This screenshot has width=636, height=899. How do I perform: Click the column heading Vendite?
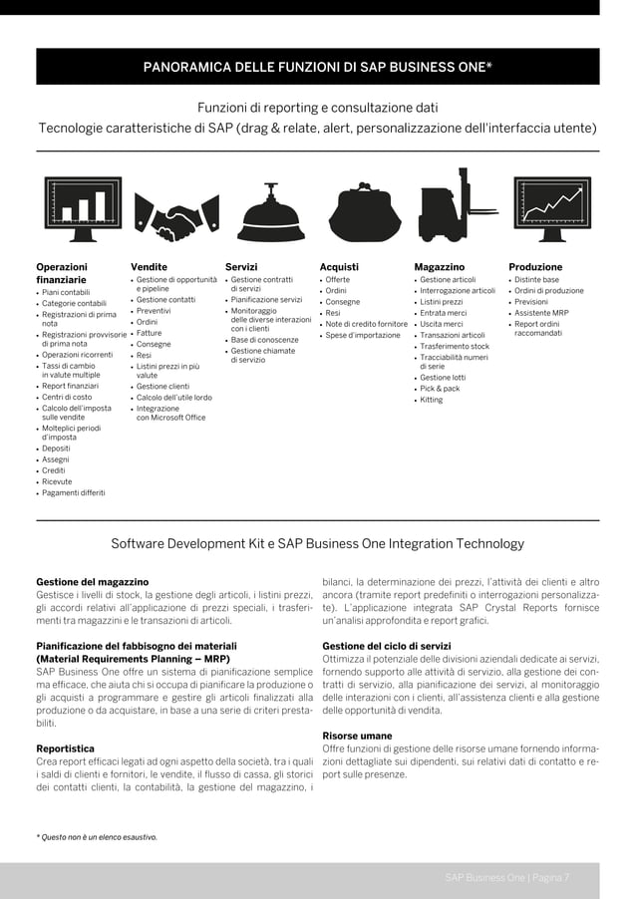[x=149, y=267]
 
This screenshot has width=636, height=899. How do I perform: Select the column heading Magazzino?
[x=439, y=267]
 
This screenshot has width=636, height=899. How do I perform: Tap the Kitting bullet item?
[x=431, y=400]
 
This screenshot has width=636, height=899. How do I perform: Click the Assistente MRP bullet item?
[x=540, y=313]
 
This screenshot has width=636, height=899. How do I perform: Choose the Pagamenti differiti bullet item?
[x=73, y=492]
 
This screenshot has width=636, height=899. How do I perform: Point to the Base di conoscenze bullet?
[x=264, y=340]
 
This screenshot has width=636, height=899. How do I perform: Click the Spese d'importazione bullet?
[x=362, y=335]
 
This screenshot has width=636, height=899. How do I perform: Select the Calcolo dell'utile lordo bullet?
[x=173, y=398]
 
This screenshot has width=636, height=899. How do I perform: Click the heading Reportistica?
[x=66, y=748]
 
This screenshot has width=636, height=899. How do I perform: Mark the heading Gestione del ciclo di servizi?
[x=387, y=646]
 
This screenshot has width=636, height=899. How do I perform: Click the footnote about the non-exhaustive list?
[x=97, y=836]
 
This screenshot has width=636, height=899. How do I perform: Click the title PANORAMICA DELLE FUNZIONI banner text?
[x=318, y=69]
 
